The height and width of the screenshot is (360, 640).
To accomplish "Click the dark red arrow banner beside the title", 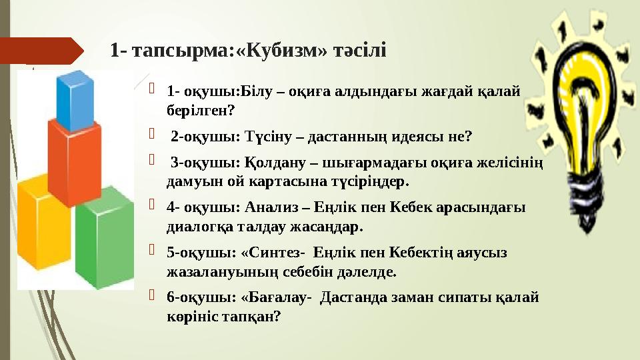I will (x=42, y=51).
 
